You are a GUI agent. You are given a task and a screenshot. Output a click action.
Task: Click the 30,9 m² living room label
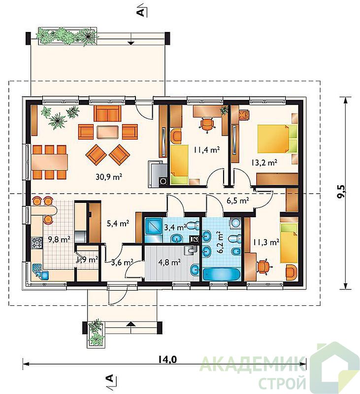109,177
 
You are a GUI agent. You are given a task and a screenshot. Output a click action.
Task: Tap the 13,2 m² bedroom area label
264,163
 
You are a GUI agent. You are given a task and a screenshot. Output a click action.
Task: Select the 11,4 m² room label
206,150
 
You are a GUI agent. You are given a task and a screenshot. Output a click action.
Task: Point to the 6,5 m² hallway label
238,201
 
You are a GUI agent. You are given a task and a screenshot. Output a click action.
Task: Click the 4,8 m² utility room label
169,263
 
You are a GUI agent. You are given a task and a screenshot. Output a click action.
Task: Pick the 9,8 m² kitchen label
59,239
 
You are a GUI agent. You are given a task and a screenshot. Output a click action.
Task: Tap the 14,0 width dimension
167,360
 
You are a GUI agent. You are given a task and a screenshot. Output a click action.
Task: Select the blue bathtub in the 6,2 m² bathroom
221,274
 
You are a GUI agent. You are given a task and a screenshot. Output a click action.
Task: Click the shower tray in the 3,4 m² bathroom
154,227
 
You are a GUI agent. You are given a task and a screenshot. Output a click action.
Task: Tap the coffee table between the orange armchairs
107,132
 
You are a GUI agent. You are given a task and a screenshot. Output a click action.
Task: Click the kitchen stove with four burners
36,243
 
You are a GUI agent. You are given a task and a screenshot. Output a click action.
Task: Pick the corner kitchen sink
41,272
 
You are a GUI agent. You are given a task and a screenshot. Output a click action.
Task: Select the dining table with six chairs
49,162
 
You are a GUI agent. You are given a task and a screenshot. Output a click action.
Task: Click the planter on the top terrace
67,36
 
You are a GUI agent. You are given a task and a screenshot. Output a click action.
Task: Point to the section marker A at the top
142,10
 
